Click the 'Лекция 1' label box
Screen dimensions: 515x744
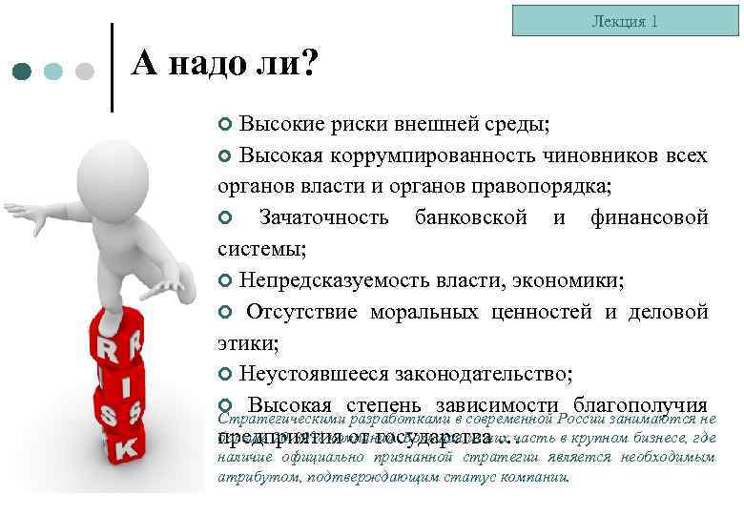(x=625, y=20)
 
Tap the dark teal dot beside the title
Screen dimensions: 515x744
(x=23, y=72)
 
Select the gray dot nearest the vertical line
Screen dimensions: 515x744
(x=84, y=72)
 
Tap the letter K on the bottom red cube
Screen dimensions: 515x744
(x=127, y=445)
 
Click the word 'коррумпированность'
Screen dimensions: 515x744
(x=421, y=155)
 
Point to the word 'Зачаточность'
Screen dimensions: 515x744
(x=323, y=217)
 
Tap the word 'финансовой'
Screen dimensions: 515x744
(x=649, y=217)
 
